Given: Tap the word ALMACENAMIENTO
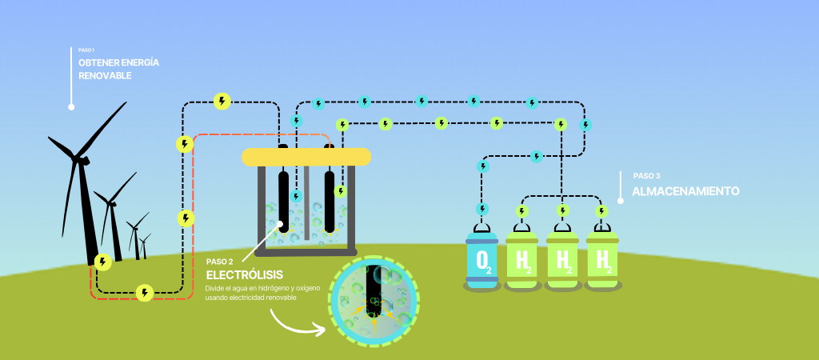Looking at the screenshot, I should (685, 192).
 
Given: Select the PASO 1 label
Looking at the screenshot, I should (86, 50).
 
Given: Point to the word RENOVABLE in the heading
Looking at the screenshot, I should (105, 76).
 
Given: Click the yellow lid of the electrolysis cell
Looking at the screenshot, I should (306, 157).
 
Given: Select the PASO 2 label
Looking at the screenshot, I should (220, 262).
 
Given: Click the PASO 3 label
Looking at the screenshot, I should (646, 176).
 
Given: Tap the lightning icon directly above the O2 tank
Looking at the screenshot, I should (482, 209).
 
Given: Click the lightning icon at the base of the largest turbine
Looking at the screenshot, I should (102, 262).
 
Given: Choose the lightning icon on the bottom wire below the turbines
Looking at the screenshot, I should (145, 293).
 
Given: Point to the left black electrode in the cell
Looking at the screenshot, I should (284, 199).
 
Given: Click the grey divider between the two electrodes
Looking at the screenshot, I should (306, 204).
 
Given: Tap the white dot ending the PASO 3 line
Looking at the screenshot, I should (621, 202).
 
